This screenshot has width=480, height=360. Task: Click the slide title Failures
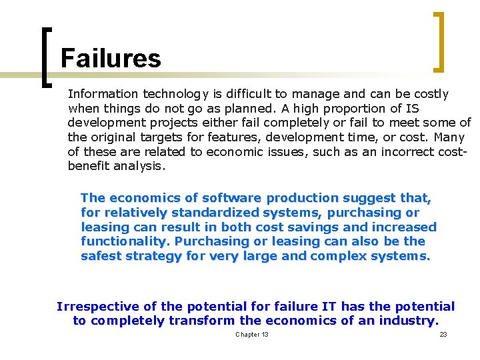(111, 59)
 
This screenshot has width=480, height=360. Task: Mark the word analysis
(138, 166)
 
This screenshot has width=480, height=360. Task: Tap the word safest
(100, 256)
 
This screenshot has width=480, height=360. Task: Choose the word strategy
(151, 256)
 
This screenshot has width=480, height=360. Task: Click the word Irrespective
(98, 307)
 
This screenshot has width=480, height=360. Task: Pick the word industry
(407, 321)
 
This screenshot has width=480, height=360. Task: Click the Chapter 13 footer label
(252, 334)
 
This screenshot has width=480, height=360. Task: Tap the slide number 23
(443, 334)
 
